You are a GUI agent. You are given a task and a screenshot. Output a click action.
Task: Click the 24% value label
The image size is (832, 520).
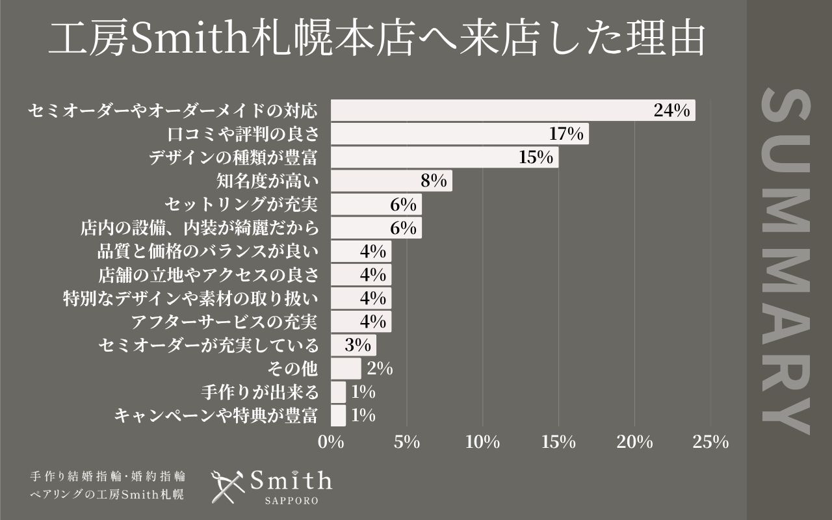pos(671,110)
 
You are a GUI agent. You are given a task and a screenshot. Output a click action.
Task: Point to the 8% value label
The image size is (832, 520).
pos(434,181)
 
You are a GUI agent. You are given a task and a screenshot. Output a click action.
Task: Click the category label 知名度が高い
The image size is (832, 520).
pos(266,181)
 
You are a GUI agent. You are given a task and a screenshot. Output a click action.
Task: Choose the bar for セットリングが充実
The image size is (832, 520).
pos(376,205)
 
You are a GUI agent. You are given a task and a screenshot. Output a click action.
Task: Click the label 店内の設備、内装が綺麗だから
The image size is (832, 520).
pos(200,228)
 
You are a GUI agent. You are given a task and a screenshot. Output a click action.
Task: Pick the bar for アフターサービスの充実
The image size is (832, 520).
pos(361,322)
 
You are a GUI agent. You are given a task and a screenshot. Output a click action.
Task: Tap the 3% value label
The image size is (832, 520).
pos(357,345)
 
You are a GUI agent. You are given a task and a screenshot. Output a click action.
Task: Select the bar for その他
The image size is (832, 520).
pos(346,369)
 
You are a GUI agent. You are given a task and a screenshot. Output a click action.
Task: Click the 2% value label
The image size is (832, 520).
pos(380,369)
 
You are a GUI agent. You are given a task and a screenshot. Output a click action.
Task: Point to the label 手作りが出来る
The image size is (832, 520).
pos(260,392)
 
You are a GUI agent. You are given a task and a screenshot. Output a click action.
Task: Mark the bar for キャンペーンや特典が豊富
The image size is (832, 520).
pos(338,415)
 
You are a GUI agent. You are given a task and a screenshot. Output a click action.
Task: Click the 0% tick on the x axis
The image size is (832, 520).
pos(331,443)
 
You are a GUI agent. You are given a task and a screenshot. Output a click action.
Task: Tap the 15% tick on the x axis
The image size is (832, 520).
pos(558,443)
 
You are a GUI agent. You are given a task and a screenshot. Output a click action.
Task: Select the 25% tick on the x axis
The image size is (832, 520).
pos(710,443)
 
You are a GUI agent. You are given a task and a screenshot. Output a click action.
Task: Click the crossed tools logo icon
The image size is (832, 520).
pos(228,486)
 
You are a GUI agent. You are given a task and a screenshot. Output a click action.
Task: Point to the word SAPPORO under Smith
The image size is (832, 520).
pos(291,502)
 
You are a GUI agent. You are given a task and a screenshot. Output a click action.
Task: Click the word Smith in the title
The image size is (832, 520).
pos(183,41)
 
